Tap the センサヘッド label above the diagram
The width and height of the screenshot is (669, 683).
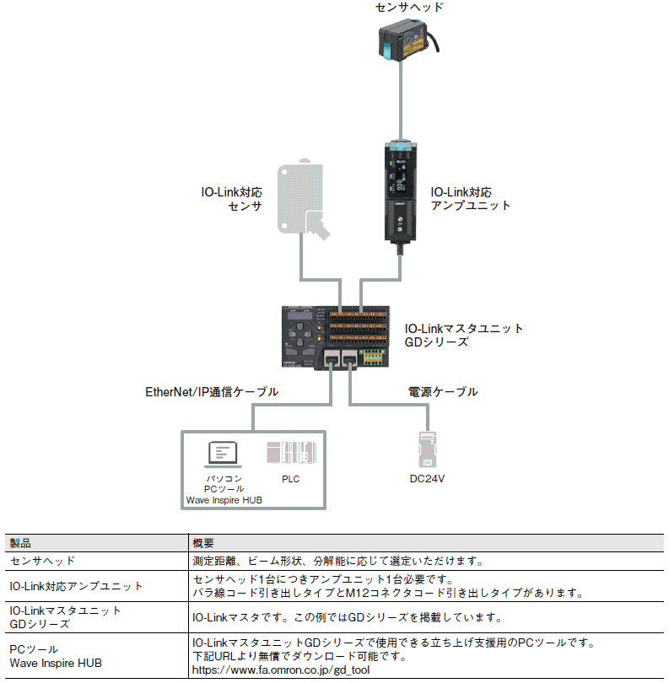(x=409, y=8)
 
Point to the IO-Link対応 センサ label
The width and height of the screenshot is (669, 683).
(x=231, y=199)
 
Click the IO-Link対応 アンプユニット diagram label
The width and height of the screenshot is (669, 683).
(x=471, y=199)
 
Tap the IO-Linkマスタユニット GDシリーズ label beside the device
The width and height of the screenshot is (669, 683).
(x=464, y=336)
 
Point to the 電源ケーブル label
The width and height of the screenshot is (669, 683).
(x=443, y=392)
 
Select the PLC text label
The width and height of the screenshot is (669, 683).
(x=291, y=479)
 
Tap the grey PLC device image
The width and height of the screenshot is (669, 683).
(x=292, y=453)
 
